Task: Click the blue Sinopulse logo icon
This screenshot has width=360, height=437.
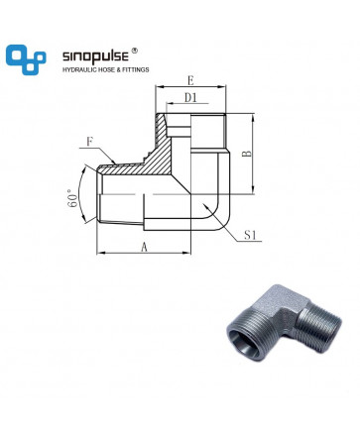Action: pos(26,59)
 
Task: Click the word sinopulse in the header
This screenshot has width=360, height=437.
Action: pos(95,56)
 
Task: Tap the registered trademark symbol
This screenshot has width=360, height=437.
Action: pos(135,51)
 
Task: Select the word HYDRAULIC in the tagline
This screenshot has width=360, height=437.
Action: pos(77,69)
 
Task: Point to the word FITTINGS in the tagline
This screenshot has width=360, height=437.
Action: pos(136,69)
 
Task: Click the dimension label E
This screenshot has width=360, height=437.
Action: pos(190,80)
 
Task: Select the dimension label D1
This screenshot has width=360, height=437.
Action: pos(190,98)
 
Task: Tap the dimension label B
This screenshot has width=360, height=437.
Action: pos(247,154)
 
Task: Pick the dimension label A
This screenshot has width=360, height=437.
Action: pos(144,247)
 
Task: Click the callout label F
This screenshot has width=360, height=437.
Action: pos(89,143)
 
